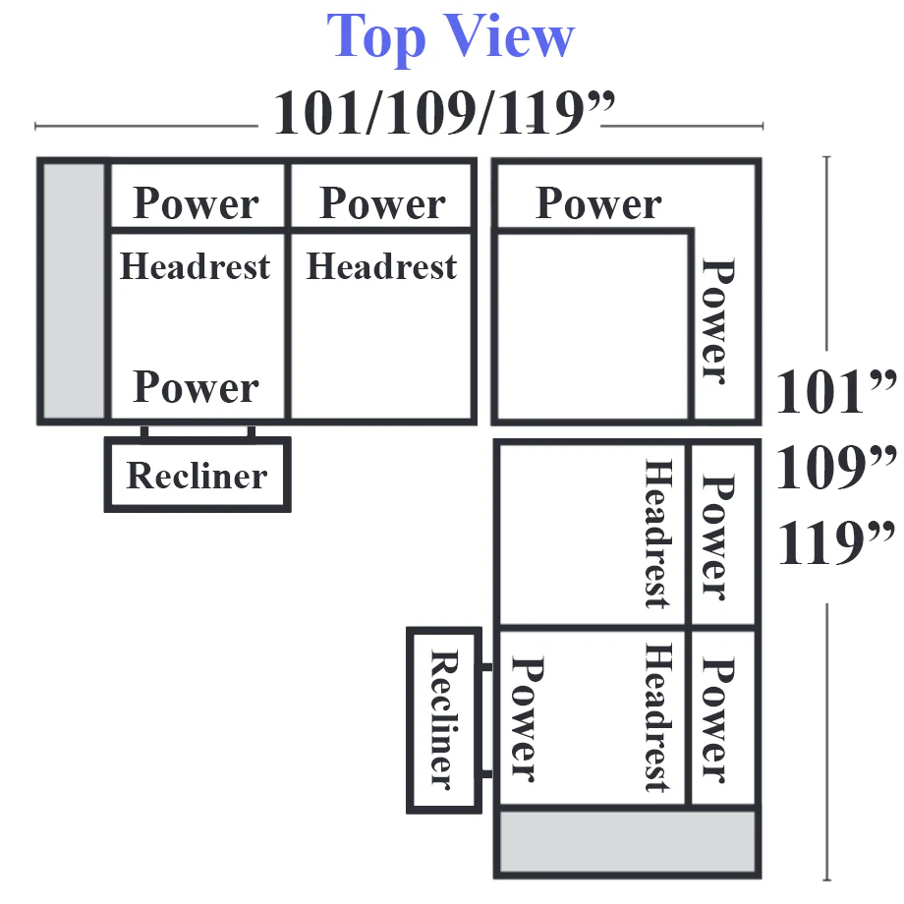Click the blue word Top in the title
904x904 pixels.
point(376,37)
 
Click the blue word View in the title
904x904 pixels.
point(510,35)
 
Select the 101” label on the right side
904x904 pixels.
point(836,391)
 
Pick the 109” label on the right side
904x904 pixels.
point(836,467)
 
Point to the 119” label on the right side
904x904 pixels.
point(836,542)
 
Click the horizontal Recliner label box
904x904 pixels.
point(198,475)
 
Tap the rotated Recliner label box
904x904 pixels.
point(444,720)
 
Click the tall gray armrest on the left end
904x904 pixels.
point(74,291)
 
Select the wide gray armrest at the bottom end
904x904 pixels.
point(627,842)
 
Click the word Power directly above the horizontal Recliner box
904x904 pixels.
point(196,387)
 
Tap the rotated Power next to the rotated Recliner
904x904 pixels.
point(526,719)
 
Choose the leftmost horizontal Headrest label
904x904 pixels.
point(195,266)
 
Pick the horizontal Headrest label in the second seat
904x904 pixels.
point(381,266)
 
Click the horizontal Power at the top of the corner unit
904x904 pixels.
point(598,203)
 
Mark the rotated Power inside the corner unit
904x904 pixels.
point(716,321)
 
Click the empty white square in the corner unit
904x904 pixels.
point(593,326)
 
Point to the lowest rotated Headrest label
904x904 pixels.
point(657,717)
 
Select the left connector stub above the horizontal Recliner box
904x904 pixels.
point(144,431)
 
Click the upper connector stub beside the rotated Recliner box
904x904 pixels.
point(487,667)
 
